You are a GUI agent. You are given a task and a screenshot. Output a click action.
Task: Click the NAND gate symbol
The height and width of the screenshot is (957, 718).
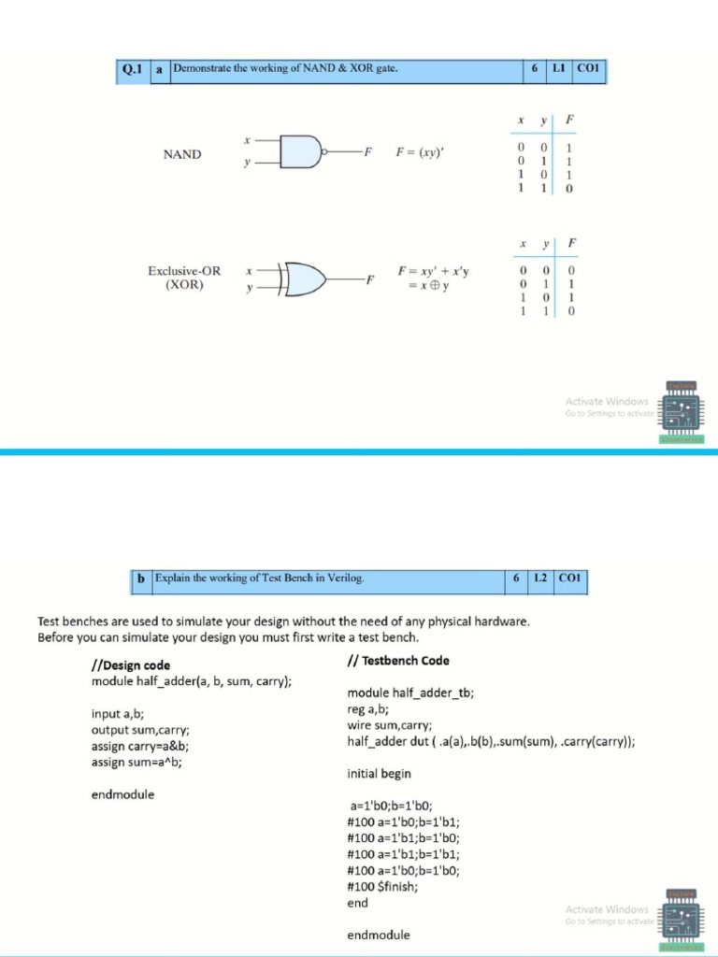(x=301, y=151)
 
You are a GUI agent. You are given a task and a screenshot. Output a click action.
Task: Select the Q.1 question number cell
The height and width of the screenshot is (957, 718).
(x=131, y=68)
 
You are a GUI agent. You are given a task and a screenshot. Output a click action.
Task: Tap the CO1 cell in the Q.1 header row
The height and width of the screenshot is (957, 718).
(x=590, y=68)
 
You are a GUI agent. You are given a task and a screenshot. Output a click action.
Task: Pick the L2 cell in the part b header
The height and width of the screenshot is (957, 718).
(x=540, y=578)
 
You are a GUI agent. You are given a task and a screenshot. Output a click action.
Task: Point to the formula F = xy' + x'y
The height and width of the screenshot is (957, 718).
(x=433, y=272)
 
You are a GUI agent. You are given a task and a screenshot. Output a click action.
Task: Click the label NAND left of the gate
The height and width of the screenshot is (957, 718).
(x=182, y=154)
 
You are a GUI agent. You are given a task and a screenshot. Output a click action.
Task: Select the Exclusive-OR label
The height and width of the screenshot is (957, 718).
(x=184, y=271)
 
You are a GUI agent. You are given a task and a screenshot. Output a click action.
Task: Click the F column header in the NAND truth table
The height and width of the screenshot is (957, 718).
(x=570, y=120)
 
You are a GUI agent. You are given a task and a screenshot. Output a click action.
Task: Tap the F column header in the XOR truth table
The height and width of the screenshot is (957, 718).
(x=571, y=243)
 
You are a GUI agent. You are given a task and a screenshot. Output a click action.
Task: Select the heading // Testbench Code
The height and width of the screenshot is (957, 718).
(x=397, y=661)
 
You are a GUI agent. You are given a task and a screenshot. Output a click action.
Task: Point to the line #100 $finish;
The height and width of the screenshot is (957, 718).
(x=382, y=886)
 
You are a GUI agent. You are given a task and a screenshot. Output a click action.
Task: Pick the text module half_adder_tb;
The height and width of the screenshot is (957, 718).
(x=410, y=693)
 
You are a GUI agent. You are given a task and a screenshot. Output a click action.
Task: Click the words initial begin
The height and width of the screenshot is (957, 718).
(x=379, y=774)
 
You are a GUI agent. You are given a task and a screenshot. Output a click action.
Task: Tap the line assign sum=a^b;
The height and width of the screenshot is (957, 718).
(x=136, y=762)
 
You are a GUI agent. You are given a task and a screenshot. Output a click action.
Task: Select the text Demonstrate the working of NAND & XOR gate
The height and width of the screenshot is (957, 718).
(x=280, y=68)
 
